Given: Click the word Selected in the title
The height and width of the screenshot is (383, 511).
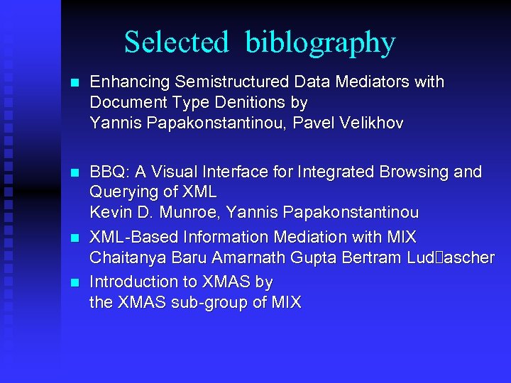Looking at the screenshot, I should (176, 43).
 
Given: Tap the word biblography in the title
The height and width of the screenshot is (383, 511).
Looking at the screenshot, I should (320, 43).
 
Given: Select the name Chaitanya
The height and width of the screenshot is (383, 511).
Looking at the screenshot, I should (124, 257).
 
